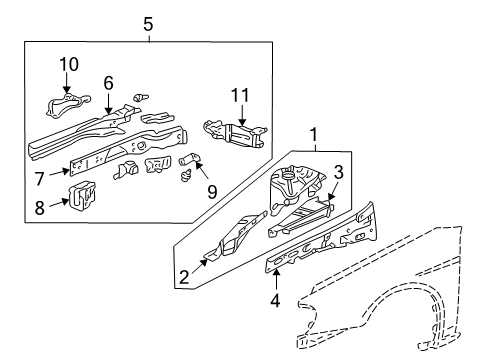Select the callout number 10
[x=68, y=64]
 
